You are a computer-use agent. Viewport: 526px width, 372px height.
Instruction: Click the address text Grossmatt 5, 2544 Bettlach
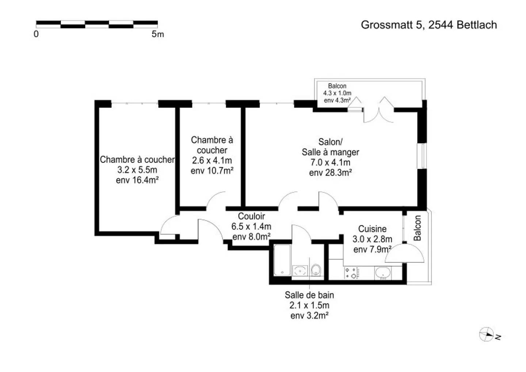429,25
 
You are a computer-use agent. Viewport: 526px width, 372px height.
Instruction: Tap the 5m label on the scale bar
157,34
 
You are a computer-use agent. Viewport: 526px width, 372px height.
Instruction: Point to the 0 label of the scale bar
36,34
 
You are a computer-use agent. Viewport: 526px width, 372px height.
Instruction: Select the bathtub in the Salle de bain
282,260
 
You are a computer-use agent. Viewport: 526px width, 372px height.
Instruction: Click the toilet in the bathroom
316,270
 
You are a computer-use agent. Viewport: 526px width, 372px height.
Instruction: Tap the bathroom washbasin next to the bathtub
300,271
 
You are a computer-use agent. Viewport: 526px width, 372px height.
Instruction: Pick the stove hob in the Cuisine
352,273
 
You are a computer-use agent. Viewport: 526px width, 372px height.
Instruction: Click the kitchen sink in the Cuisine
383,273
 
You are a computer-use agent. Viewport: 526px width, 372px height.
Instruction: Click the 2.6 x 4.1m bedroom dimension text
212,161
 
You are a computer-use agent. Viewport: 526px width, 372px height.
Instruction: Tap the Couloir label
251,216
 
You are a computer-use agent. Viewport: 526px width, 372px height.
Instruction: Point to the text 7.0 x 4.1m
330,162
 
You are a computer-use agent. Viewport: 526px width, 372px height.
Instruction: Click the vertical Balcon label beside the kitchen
417,228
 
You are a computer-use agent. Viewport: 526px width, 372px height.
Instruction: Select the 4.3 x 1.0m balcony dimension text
337,93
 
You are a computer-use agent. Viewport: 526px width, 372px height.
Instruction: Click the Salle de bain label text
309,295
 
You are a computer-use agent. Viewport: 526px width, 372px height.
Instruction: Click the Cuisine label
372,229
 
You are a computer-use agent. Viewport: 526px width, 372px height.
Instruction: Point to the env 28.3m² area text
330,173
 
